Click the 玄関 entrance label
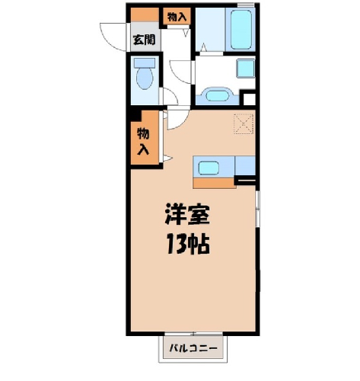point(145,40)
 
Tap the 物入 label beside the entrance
point(177,17)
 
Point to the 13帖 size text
point(188,244)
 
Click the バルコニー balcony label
point(193,347)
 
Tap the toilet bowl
point(145,78)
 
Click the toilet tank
point(145,62)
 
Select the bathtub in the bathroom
point(241,29)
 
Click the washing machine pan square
point(246,68)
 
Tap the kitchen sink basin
point(209,168)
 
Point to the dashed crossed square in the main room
point(244,123)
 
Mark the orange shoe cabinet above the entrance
point(145,14)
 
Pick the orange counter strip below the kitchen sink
point(215,183)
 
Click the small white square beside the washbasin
point(249,99)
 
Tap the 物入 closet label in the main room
point(143,142)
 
